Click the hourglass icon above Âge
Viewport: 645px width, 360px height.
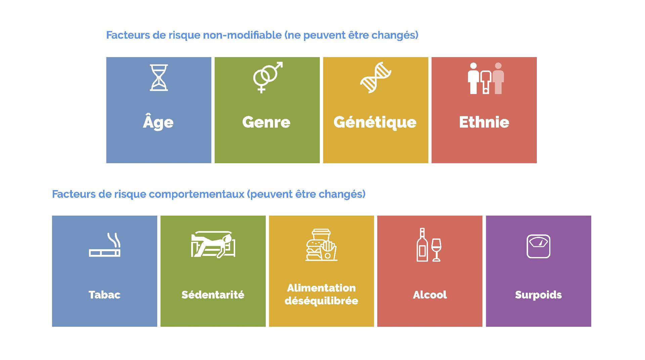159,78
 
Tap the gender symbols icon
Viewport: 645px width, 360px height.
268,77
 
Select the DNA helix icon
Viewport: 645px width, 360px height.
376,77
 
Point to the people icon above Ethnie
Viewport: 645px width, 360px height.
486,78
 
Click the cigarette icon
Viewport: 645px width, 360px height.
105,245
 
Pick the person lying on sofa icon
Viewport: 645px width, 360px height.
213,244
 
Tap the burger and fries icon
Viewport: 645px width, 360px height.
321,245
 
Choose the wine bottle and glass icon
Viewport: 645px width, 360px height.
429,245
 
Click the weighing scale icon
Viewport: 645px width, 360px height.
538,246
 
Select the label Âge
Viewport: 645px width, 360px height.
158,122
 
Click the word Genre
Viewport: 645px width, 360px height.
266,122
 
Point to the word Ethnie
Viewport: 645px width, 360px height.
484,122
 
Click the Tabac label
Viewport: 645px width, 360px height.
104,295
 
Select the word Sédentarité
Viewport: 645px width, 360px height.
213,295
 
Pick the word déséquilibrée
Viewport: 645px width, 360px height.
321,301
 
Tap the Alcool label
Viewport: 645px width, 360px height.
430,295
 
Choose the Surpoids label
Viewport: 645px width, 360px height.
539,295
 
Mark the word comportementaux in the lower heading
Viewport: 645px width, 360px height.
197,194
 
